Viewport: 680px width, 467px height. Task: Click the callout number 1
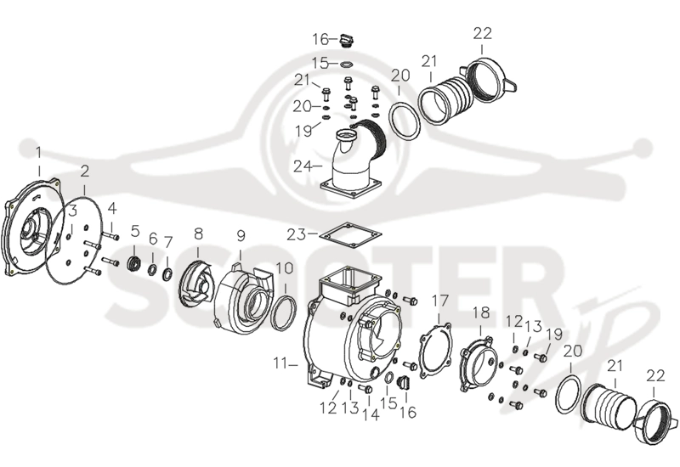[x=38, y=154]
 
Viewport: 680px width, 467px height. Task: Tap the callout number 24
[x=303, y=166]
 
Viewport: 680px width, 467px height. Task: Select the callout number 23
[x=296, y=234]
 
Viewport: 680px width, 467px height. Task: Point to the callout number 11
[x=280, y=364]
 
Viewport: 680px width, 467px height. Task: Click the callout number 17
[x=439, y=301]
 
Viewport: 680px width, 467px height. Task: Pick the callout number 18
[x=481, y=312]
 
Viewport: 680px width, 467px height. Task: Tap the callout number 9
[x=241, y=236]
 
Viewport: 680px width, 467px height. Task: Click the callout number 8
[x=198, y=234]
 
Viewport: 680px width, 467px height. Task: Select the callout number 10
[x=285, y=268]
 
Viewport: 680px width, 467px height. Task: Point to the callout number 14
[x=371, y=414]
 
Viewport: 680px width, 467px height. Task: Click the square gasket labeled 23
[x=350, y=236]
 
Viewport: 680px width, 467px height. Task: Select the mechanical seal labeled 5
[x=134, y=263]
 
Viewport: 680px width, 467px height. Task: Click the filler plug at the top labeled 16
[x=347, y=40]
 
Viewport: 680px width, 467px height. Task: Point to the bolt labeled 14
[x=366, y=390]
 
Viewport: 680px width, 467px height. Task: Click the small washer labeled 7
[x=167, y=273]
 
